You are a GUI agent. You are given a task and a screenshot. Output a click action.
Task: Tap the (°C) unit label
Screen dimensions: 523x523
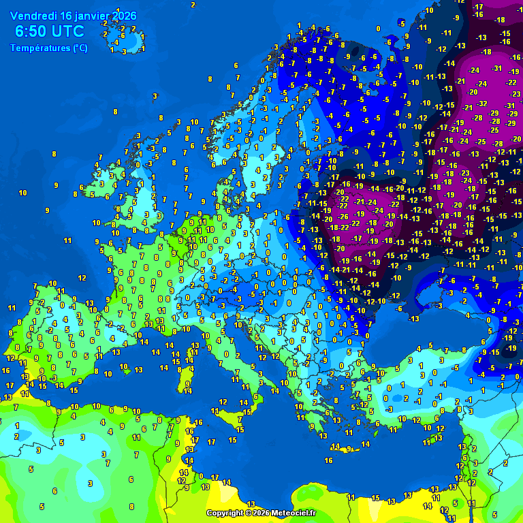pos(80,48)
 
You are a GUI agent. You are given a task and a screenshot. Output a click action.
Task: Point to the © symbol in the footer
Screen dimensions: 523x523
pos(249,513)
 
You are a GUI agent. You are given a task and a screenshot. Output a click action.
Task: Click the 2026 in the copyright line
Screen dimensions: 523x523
pos(262,513)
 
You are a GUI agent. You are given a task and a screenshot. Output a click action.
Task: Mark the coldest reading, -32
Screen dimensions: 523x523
pos(483,104)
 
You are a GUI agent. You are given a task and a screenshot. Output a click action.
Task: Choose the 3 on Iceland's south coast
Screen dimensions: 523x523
pos(124,50)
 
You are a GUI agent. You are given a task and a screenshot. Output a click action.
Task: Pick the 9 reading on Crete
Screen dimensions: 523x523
pos(348,449)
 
